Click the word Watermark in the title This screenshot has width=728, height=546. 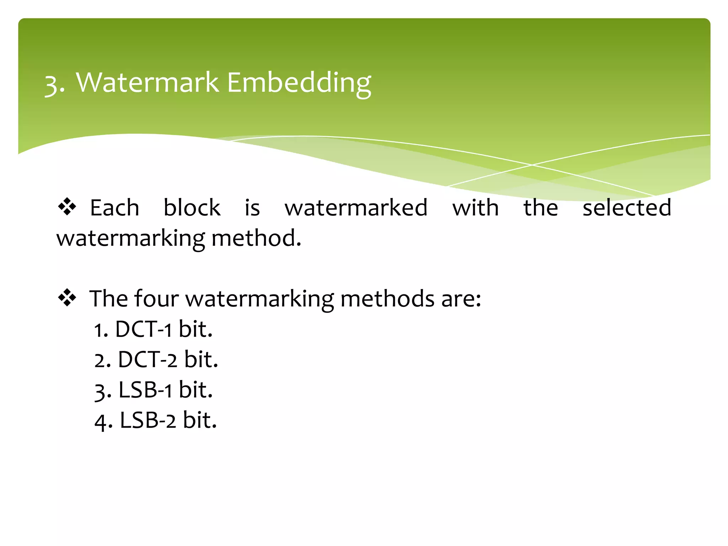click(x=148, y=82)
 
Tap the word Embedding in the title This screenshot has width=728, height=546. click(x=299, y=84)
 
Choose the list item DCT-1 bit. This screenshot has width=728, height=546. click(x=153, y=329)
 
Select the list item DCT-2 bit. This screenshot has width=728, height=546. click(x=156, y=359)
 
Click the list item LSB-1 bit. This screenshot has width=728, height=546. click(x=154, y=390)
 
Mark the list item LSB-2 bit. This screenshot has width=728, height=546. click(x=156, y=421)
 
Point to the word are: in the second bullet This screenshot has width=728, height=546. click(x=461, y=299)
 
